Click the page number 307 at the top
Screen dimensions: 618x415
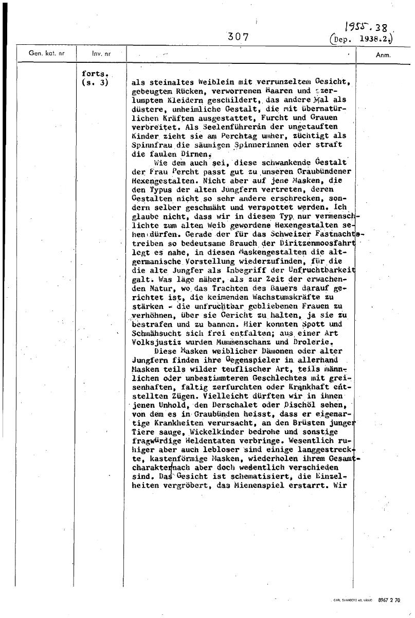[238, 37]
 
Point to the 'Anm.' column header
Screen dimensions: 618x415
[383, 54]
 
